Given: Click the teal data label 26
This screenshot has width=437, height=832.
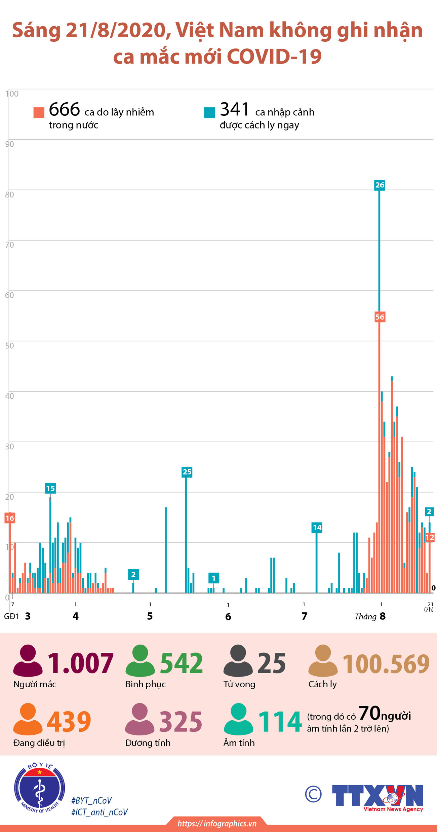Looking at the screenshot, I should pyautogui.click(x=380, y=185).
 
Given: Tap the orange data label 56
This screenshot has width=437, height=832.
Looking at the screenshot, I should pyautogui.click(x=380, y=317).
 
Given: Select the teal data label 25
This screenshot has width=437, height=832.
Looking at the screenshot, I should pyautogui.click(x=187, y=472).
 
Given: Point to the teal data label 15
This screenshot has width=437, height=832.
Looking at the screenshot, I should pyautogui.click(x=50, y=489).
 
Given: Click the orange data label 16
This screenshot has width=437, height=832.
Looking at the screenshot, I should pyautogui.click(x=10, y=518).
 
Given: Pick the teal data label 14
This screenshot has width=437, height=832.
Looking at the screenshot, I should pyautogui.click(x=317, y=528).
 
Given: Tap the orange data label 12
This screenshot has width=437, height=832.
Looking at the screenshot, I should pyautogui.click(x=430, y=537).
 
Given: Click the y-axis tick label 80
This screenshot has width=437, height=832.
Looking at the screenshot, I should pyautogui.click(x=9, y=194).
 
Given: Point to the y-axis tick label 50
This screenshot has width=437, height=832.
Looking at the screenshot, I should pyautogui.click(x=9, y=346).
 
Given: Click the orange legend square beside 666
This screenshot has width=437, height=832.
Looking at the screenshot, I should pyautogui.click(x=39, y=113).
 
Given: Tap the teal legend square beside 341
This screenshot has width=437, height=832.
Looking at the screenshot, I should pyautogui.click(x=209, y=113).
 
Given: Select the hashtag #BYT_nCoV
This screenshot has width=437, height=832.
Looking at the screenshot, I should pyautogui.click(x=91, y=800).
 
